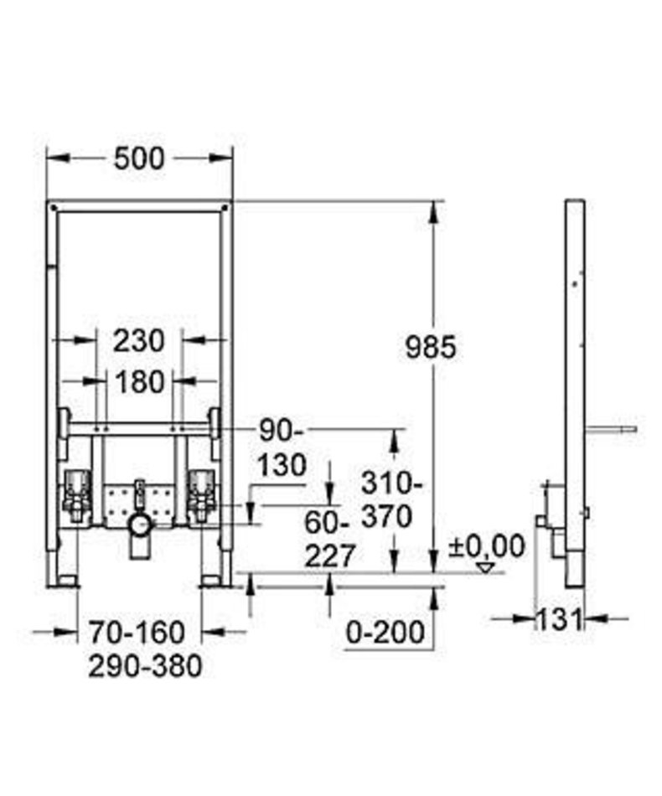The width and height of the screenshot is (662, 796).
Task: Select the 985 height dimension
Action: (x=431, y=348)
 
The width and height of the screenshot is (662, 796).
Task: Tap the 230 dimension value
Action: (x=138, y=341)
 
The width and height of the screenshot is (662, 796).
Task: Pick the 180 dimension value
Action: (x=140, y=381)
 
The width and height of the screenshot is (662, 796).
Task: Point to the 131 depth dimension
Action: (x=558, y=619)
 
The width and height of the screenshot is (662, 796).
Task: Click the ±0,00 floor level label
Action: (x=486, y=547)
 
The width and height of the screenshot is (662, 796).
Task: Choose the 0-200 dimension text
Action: (x=385, y=633)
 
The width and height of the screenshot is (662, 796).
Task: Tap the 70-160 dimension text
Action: (x=137, y=633)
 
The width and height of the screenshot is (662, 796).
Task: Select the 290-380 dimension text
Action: (x=145, y=666)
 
